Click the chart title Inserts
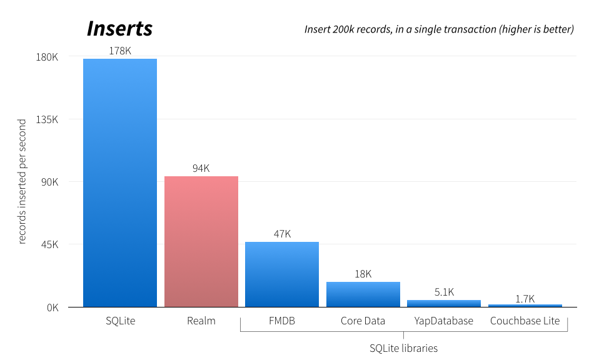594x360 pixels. [119, 29]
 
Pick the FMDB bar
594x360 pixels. [282, 274]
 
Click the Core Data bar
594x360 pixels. [363, 294]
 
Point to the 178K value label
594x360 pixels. [120, 51]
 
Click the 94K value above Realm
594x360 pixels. [201, 168]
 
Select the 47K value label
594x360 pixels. [282, 234]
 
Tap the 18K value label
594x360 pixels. [363, 274]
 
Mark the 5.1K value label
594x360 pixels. [444, 292]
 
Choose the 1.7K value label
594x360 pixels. [525, 299]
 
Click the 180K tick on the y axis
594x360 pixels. [47, 57]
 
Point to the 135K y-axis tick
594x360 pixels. [47, 119]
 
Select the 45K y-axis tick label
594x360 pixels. [49, 244]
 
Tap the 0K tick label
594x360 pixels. [52, 307]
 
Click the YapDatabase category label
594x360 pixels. [444, 321]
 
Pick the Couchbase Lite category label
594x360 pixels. [525, 321]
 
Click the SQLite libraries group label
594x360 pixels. [403, 348]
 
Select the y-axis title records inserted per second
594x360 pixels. [23, 181]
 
